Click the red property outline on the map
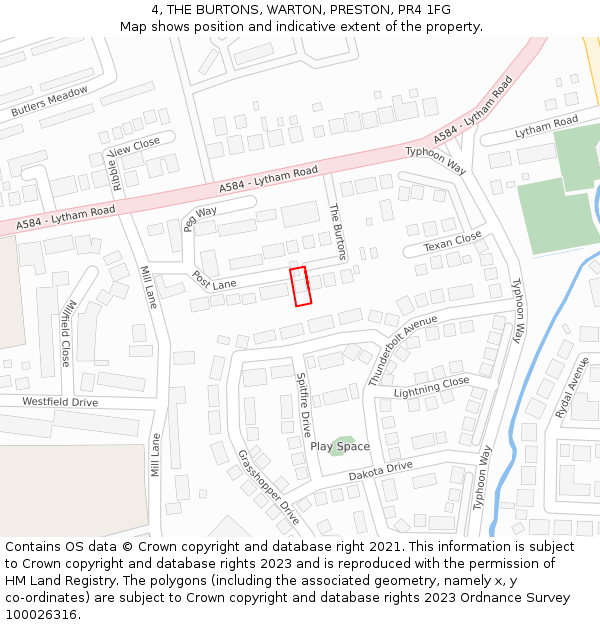[x=300, y=286]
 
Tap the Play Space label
[x=339, y=447]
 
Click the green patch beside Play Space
[x=343, y=440]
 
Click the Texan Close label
[x=452, y=242]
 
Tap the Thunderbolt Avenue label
[x=403, y=350]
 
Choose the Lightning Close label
[x=431, y=386]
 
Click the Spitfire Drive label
[x=304, y=405]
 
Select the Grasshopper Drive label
[x=268, y=487]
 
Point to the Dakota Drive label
[x=380, y=470]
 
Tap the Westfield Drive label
[x=61, y=402]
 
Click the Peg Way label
[x=200, y=218]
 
